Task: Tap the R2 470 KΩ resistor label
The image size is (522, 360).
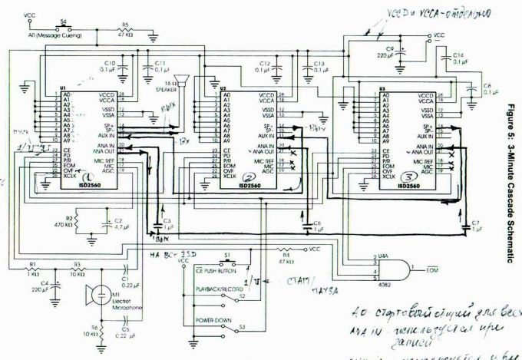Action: [x=68, y=222]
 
